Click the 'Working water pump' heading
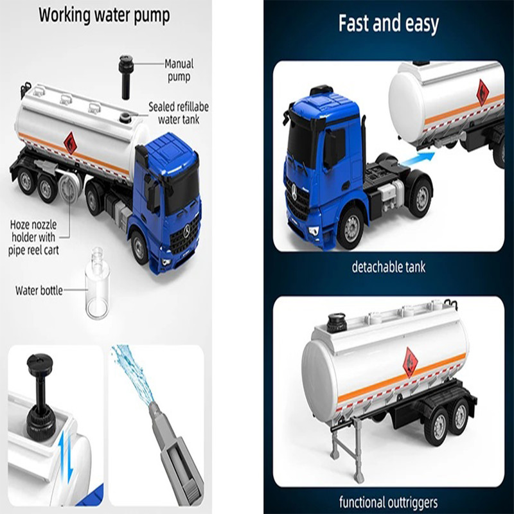104,15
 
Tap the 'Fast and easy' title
389,23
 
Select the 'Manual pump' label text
179,70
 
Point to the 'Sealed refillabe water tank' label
179,113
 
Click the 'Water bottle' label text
39,290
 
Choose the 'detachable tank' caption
389,267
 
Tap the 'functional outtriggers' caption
388,502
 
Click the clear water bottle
98,284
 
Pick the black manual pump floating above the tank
126,77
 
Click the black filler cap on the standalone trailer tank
337,323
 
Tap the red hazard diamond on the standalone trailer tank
410,362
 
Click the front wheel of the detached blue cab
351,225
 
